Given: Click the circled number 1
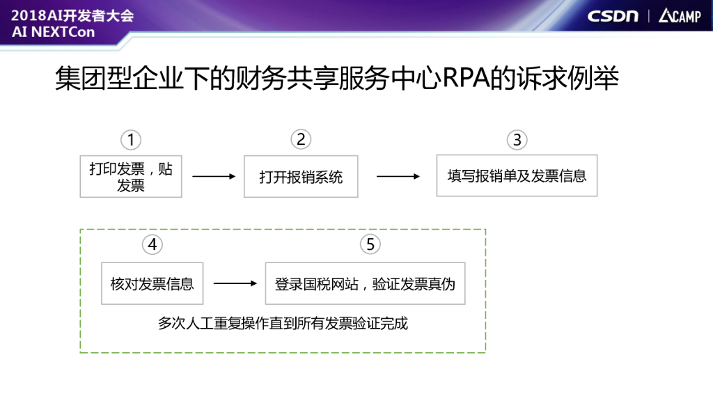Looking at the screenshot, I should pyautogui.click(x=130, y=140).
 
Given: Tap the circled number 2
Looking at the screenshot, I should pyautogui.click(x=301, y=139).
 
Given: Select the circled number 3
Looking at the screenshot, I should pyautogui.click(x=517, y=140).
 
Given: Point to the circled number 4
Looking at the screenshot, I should pyautogui.click(x=152, y=244).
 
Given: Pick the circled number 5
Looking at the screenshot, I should pyautogui.click(x=370, y=244).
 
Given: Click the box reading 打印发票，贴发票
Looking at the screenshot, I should pyautogui.click(x=131, y=177).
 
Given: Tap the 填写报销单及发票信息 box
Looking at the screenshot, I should pyautogui.click(x=517, y=175).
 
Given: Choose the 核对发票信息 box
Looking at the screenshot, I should pyautogui.click(x=152, y=283).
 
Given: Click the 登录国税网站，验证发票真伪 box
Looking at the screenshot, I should pyautogui.click(x=365, y=283).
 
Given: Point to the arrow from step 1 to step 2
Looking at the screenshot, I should pyautogui.click(x=214, y=177).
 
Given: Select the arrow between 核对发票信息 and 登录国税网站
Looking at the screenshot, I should pyautogui.click(x=235, y=283).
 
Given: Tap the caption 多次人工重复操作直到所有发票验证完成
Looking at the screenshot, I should pyautogui.click(x=283, y=323).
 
